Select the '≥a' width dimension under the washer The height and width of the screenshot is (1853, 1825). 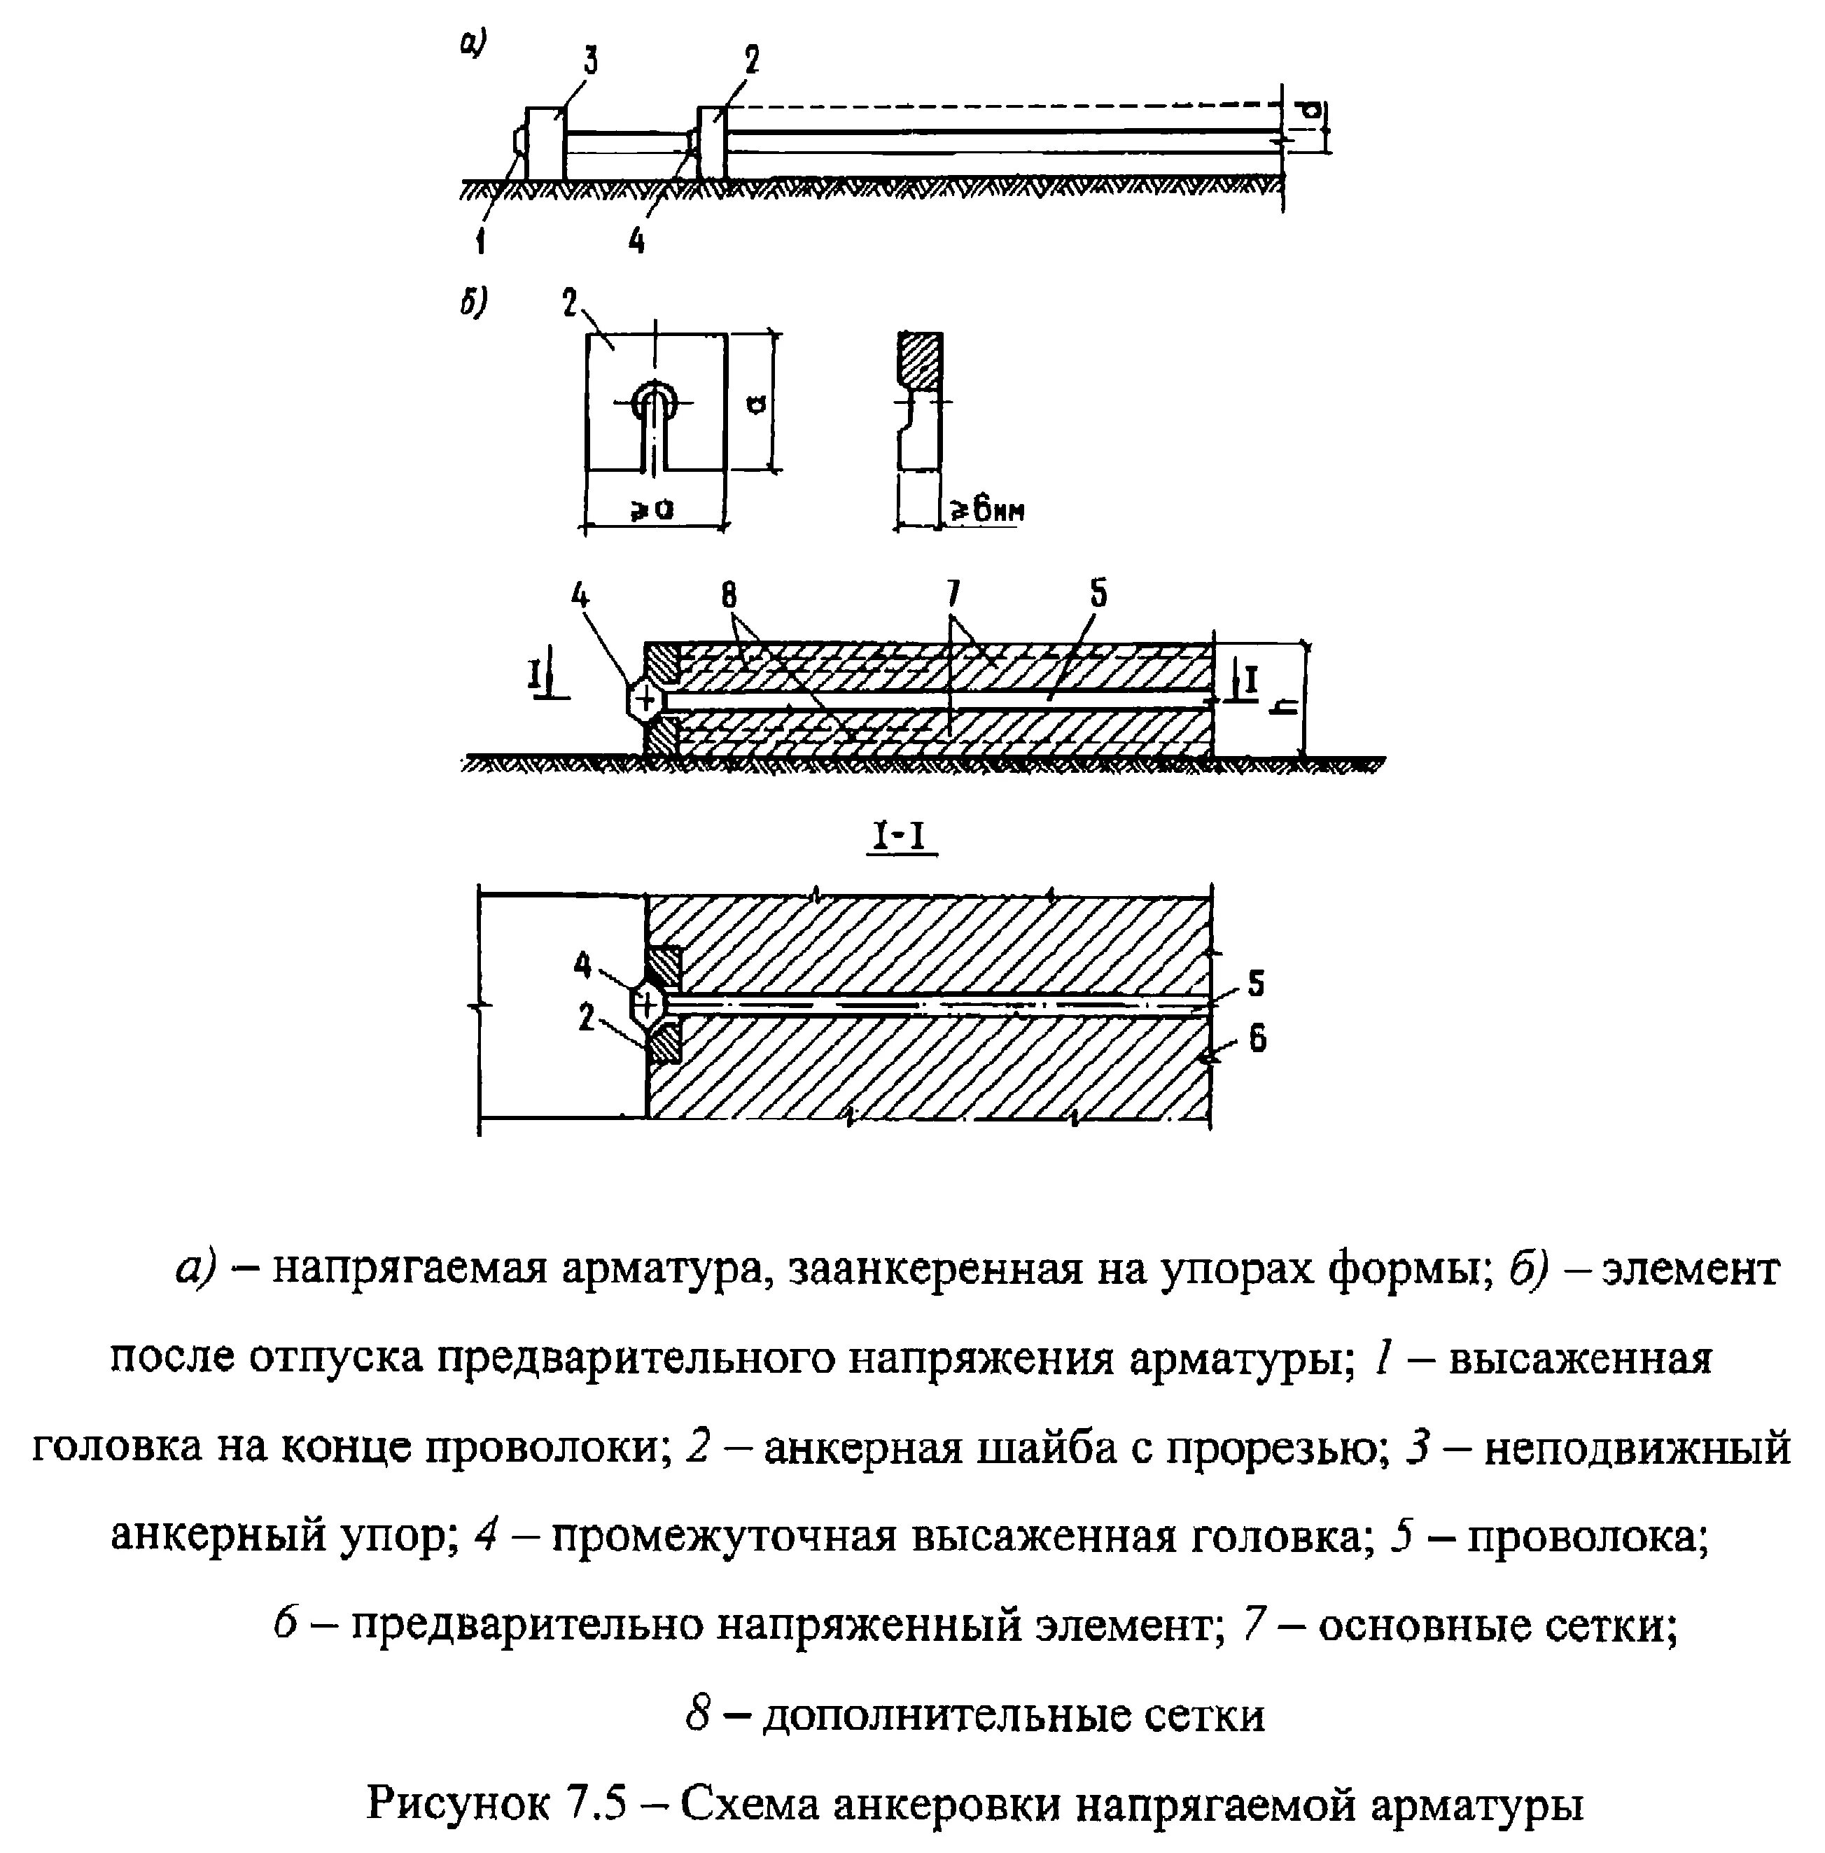[x=652, y=509]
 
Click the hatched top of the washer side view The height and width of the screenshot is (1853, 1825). [x=919, y=360]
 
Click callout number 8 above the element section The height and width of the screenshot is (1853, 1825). [x=729, y=596]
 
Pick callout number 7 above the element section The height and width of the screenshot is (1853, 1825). [x=952, y=596]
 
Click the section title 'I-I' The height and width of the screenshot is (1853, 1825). [x=900, y=838]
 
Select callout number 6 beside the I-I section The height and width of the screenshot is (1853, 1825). [x=1257, y=1037]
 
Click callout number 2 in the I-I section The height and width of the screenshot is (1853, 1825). [x=587, y=1016]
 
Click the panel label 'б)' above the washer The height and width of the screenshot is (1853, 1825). [x=473, y=304]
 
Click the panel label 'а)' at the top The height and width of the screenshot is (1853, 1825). [x=473, y=44]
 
